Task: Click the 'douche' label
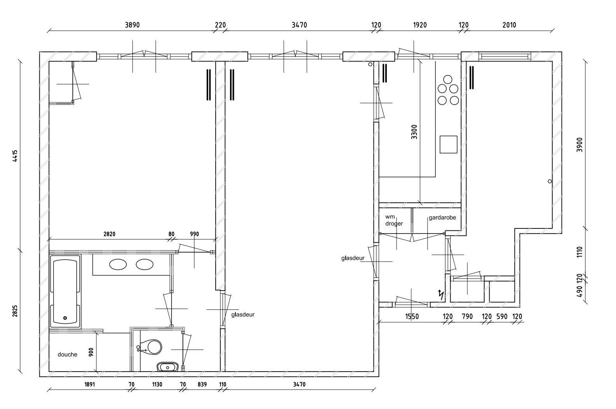[x=67, y=355]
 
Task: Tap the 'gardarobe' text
[x=442, y=218]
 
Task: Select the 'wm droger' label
[x=394, y=220]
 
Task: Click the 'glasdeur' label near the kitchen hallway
[x=353, y=258]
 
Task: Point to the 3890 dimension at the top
[x=132, y=25]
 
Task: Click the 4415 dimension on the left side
[x=15, y=156]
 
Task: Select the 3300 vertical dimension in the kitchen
[x=414, y=132]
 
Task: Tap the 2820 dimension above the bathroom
[x=109, y=234]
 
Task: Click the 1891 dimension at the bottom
[x=90, y=384]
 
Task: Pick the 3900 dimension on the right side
[x=580, y=145]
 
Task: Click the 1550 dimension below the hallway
[x=412, y=317]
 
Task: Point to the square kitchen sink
[x=448, y=144]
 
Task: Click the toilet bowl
[x=151, y=347]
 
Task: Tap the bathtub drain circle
[x=65, y=318]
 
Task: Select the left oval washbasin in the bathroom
[x=118, y=265]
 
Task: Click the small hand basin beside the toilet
[x=167, y=367]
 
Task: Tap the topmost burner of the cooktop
[x=448, y=79]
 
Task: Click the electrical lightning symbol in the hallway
[x=441, y=295]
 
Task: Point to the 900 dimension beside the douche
[x=91, y=352]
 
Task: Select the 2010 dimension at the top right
[x=509, y=25]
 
